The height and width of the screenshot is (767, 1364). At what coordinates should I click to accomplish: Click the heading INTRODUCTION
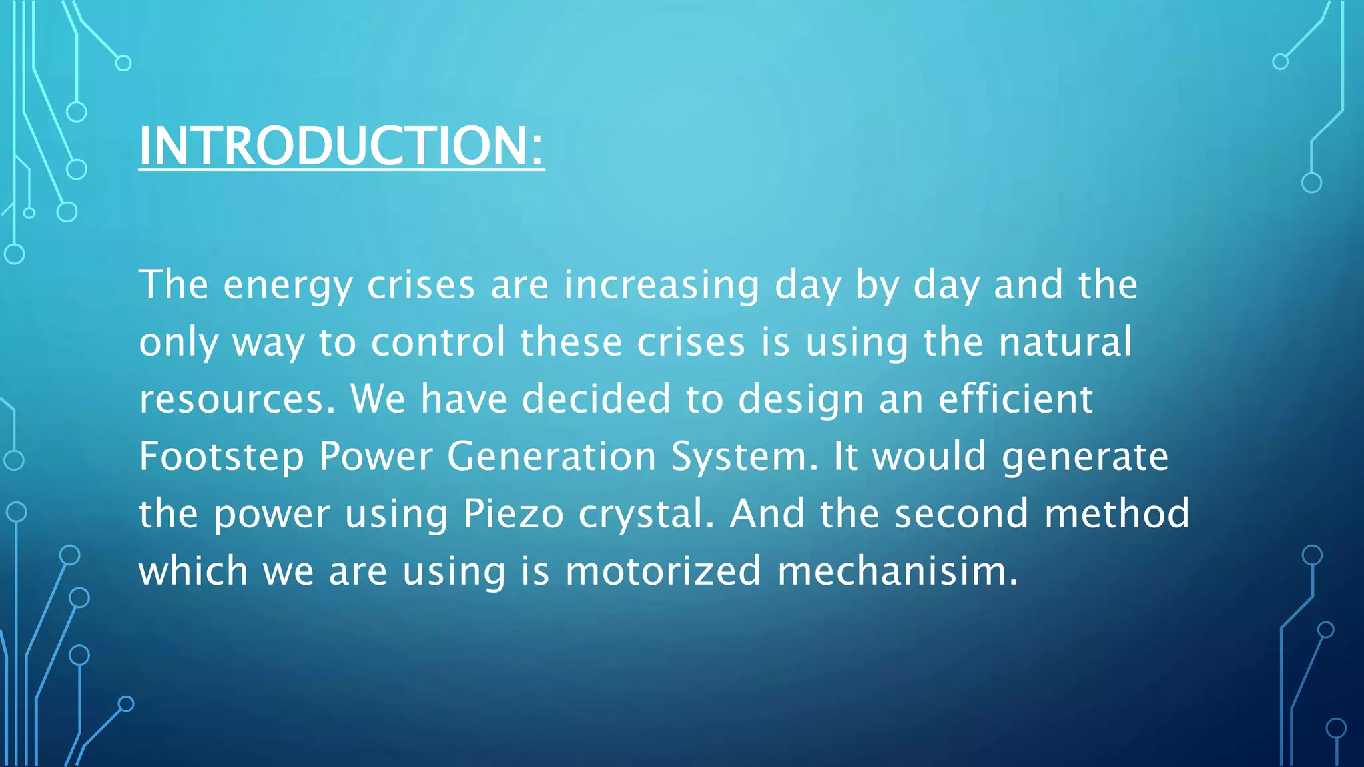[x=333, y=146]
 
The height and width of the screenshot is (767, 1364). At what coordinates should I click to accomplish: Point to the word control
[x=438, y=342]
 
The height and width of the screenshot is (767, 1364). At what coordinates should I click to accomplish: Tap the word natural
[x=1064, y=342]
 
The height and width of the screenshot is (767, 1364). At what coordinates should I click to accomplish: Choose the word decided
[x=595, y=399]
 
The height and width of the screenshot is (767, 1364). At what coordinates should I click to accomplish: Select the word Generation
[x=551, y=457]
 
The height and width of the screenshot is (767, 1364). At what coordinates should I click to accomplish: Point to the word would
[x=929, y=457]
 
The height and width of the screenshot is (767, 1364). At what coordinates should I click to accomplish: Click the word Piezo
[x=513, y=515]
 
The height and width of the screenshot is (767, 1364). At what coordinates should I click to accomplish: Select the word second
[x=961, y=515]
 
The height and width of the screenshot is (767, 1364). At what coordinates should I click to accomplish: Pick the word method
[x=1116, y=514]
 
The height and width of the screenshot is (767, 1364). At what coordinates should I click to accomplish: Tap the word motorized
[x=663, y=571]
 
